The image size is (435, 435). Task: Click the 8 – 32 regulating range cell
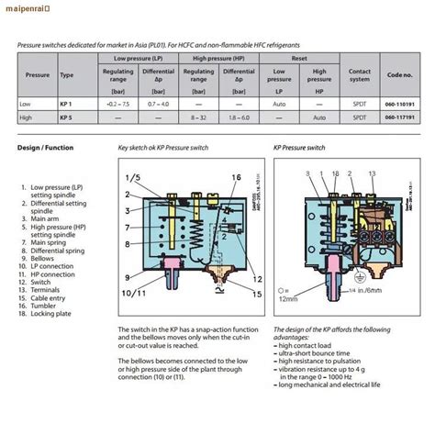(200, 117)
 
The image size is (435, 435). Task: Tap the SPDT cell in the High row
(360, 117)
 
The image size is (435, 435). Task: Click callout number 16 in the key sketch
(236, 177)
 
